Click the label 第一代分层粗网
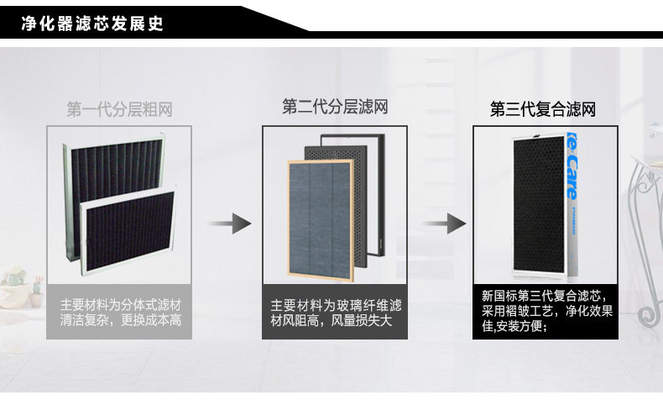click(119, 109)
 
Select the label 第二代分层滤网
click(335, 107)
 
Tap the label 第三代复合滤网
click(544, 109)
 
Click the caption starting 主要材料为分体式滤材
click(120, 312)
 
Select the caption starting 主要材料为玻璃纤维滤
click(336, 312)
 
